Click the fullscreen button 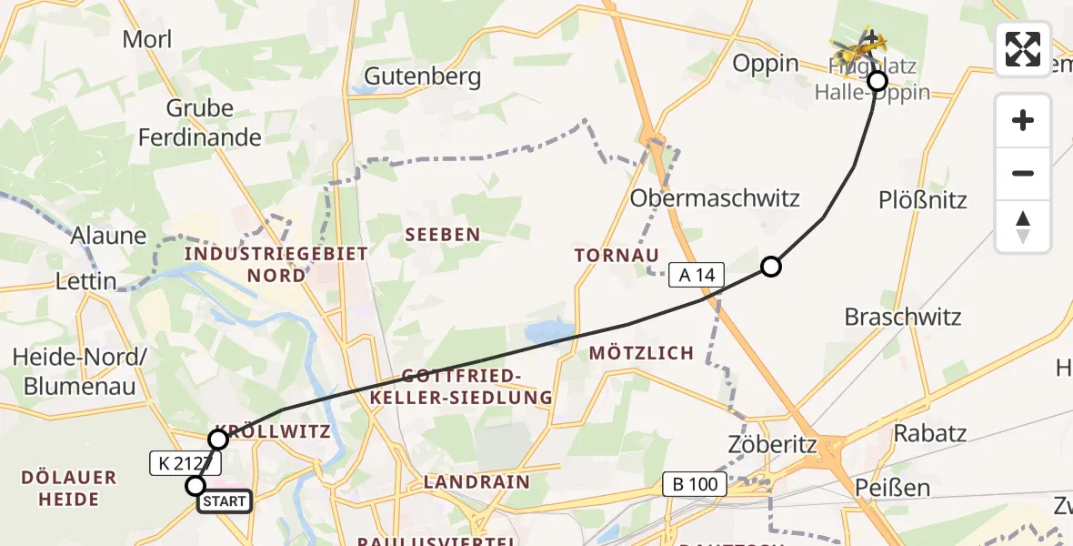(x=1023, y=49)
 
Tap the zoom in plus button (x=1023, y=120)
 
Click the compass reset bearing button (x=1023, y=227)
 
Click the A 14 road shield (x=696, y=274)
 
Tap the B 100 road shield (x=696, y=483)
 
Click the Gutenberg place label (x=422, y=76)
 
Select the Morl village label (x=146, y=39)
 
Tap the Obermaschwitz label (x=715, y=197)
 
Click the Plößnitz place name (x=922, y=199)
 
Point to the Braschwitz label (x=902, y=318)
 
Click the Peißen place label (x=892, y=488)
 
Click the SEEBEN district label (x=442, y=235)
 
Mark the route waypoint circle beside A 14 (x=770, y=267)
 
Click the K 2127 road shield (x=182, y=464)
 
